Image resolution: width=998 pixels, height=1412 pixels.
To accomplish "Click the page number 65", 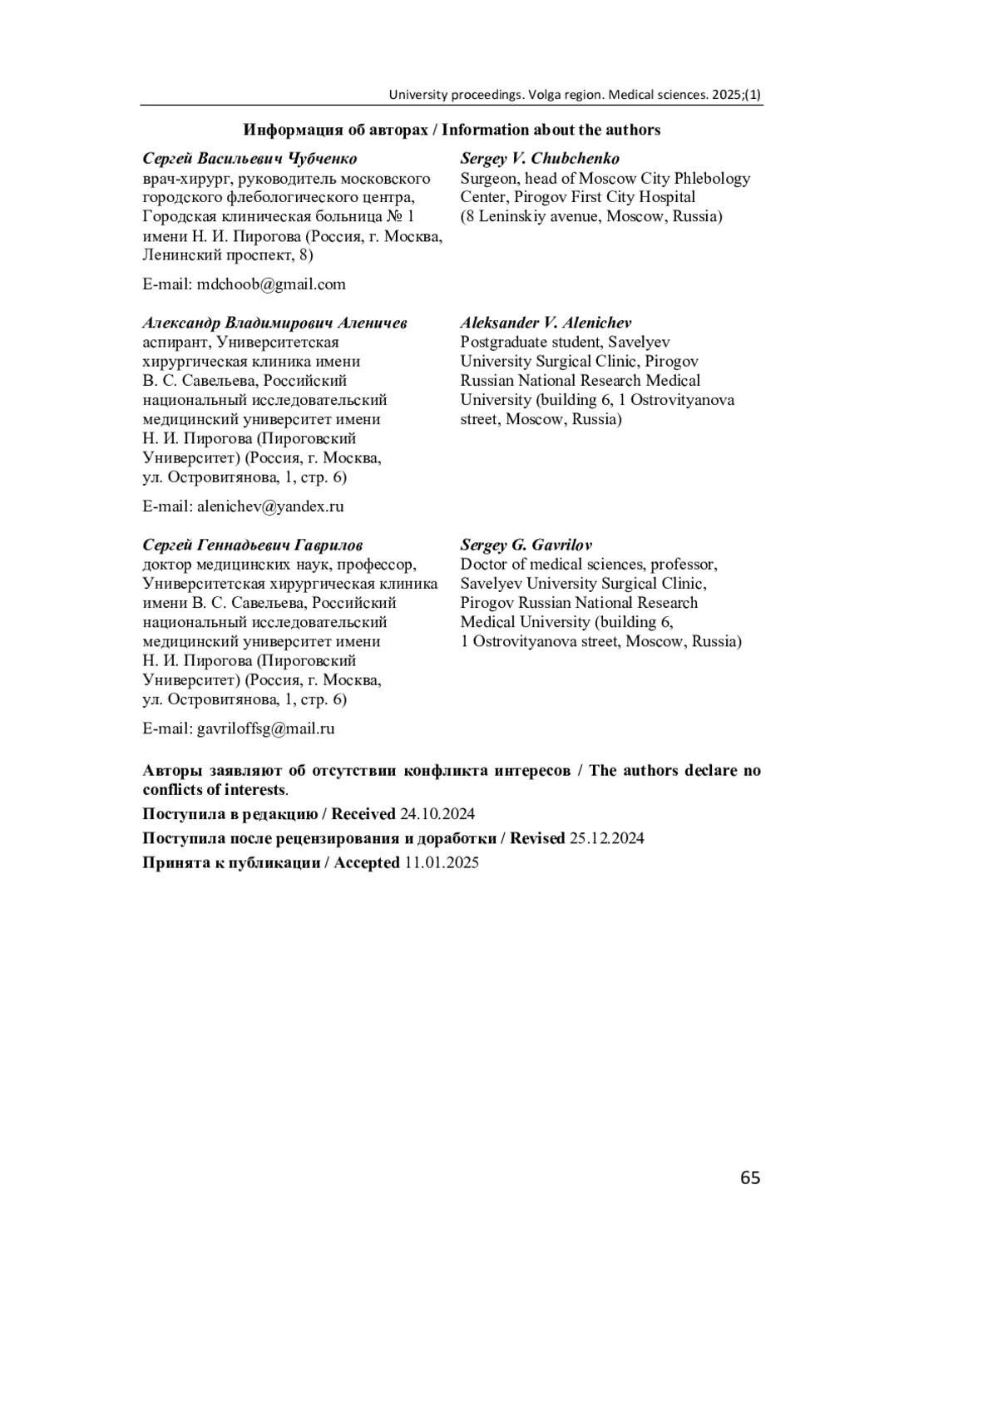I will click(749, 1177).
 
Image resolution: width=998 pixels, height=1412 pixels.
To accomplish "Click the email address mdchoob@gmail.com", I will click(271, 284).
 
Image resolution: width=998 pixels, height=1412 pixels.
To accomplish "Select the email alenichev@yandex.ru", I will click(270, 506).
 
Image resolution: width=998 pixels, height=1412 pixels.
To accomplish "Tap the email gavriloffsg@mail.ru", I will click(265, 728).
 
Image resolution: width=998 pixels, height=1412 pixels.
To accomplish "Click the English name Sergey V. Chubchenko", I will click(540, 158).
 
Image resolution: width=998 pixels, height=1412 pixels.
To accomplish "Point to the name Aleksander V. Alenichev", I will click(546, 323).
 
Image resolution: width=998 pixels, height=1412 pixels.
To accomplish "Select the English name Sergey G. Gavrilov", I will click(526, 545).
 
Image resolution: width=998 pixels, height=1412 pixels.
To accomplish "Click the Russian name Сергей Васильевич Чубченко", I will click(249, 158).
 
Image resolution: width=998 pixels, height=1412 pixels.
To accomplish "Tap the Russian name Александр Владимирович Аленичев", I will click(274, 323).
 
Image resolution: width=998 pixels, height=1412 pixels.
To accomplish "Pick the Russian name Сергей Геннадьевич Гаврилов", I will click(252, 545).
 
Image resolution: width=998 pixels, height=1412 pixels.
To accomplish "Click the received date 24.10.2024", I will click(437, 814).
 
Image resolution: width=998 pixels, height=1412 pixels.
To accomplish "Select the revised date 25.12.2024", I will click(606, 838).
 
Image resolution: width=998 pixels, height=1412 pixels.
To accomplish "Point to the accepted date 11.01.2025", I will click(442, 862).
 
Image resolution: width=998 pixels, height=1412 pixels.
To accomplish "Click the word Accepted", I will click(367, 862).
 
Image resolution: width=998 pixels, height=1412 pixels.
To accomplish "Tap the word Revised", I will click(537, 838).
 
